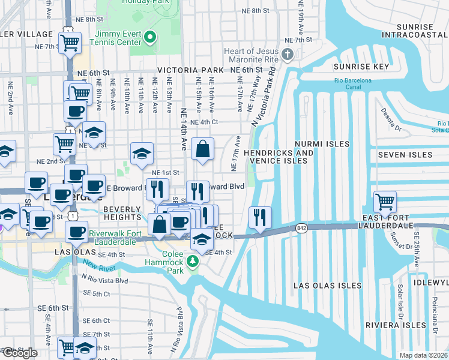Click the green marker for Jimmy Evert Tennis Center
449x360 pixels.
click(x=151, y=37)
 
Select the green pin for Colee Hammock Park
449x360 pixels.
click(x=192, y=261)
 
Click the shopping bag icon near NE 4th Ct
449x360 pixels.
click(x=203, y=149)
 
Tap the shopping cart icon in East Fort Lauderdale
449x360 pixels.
click(x=385, y=201)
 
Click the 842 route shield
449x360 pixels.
click(x=301, y=227)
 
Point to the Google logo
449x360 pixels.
click(x=19, y=353)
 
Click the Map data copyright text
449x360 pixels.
click(x=423, y=355)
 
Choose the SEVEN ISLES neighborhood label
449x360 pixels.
click(x=405, y=155)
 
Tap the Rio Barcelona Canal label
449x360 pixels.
click(x=354, y=85)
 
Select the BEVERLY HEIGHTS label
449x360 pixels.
click(x=122, y=212)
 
